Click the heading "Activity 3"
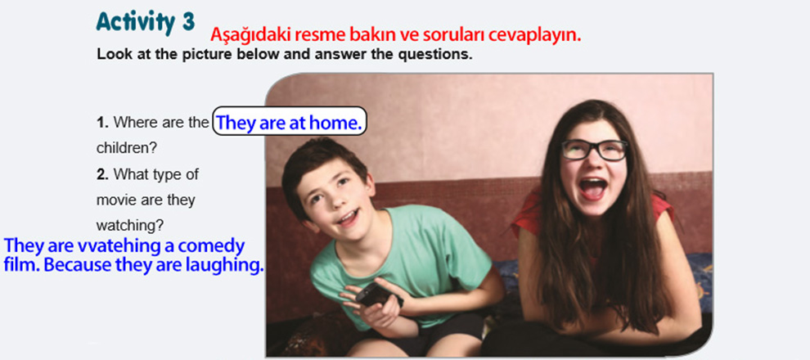146,23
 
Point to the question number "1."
101,123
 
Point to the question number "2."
102,174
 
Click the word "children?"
127,148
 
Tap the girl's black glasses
595,150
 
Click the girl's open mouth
593,188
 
